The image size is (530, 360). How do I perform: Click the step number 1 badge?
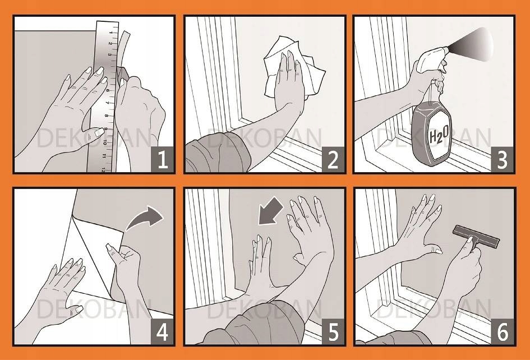pos(163,159)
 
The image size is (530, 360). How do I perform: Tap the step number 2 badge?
pos(333,160)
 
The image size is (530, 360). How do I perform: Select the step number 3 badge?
pos(503,160)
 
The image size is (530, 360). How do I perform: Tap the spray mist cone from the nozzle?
pos(472,44)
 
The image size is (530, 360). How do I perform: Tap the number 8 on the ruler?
pos(107,116)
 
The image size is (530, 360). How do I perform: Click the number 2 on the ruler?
pos(110,44)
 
